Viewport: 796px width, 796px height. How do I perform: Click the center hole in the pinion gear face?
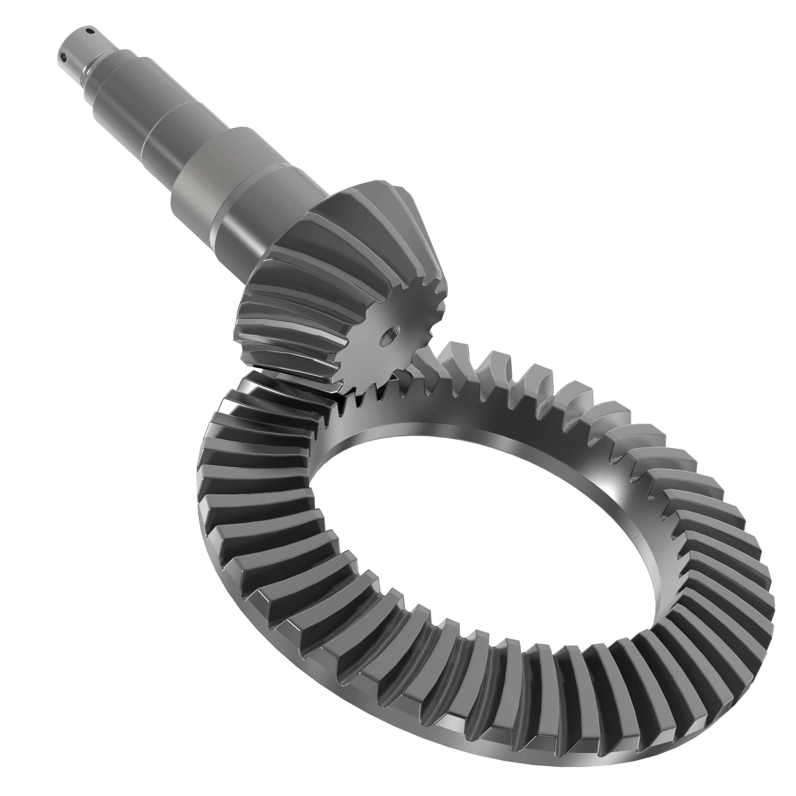pyautogui.click(x=390, y=335)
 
